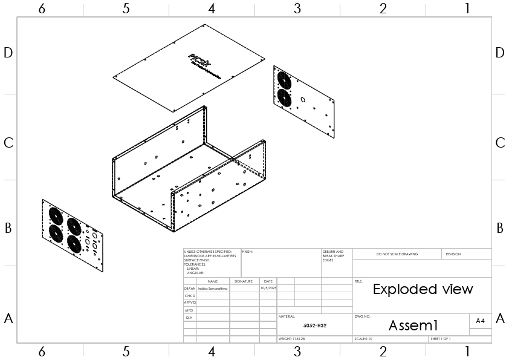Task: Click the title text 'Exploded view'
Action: [423, 289]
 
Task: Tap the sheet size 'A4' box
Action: [480, 321]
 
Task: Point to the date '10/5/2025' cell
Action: [268, 289]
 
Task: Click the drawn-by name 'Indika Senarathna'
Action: [213, 289]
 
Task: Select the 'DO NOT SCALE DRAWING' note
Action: [397, 254]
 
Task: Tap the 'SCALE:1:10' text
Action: [365, 339]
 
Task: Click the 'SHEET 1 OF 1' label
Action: [441, 339]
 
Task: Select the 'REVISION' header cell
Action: [453, 254]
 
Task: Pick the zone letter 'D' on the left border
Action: [8, 53]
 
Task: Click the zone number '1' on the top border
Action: [467, 8]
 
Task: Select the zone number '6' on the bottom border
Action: [41, 352]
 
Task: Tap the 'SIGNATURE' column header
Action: [244, 281]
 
